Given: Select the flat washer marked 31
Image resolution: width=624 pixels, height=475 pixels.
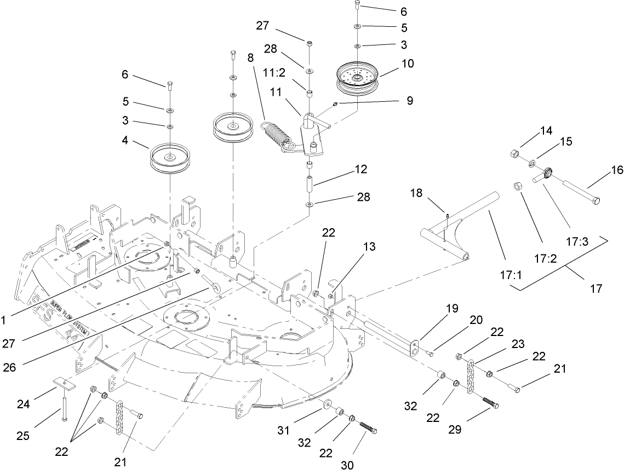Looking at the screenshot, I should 328,405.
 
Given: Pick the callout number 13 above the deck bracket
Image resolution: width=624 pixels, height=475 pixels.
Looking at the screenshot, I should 370,247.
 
